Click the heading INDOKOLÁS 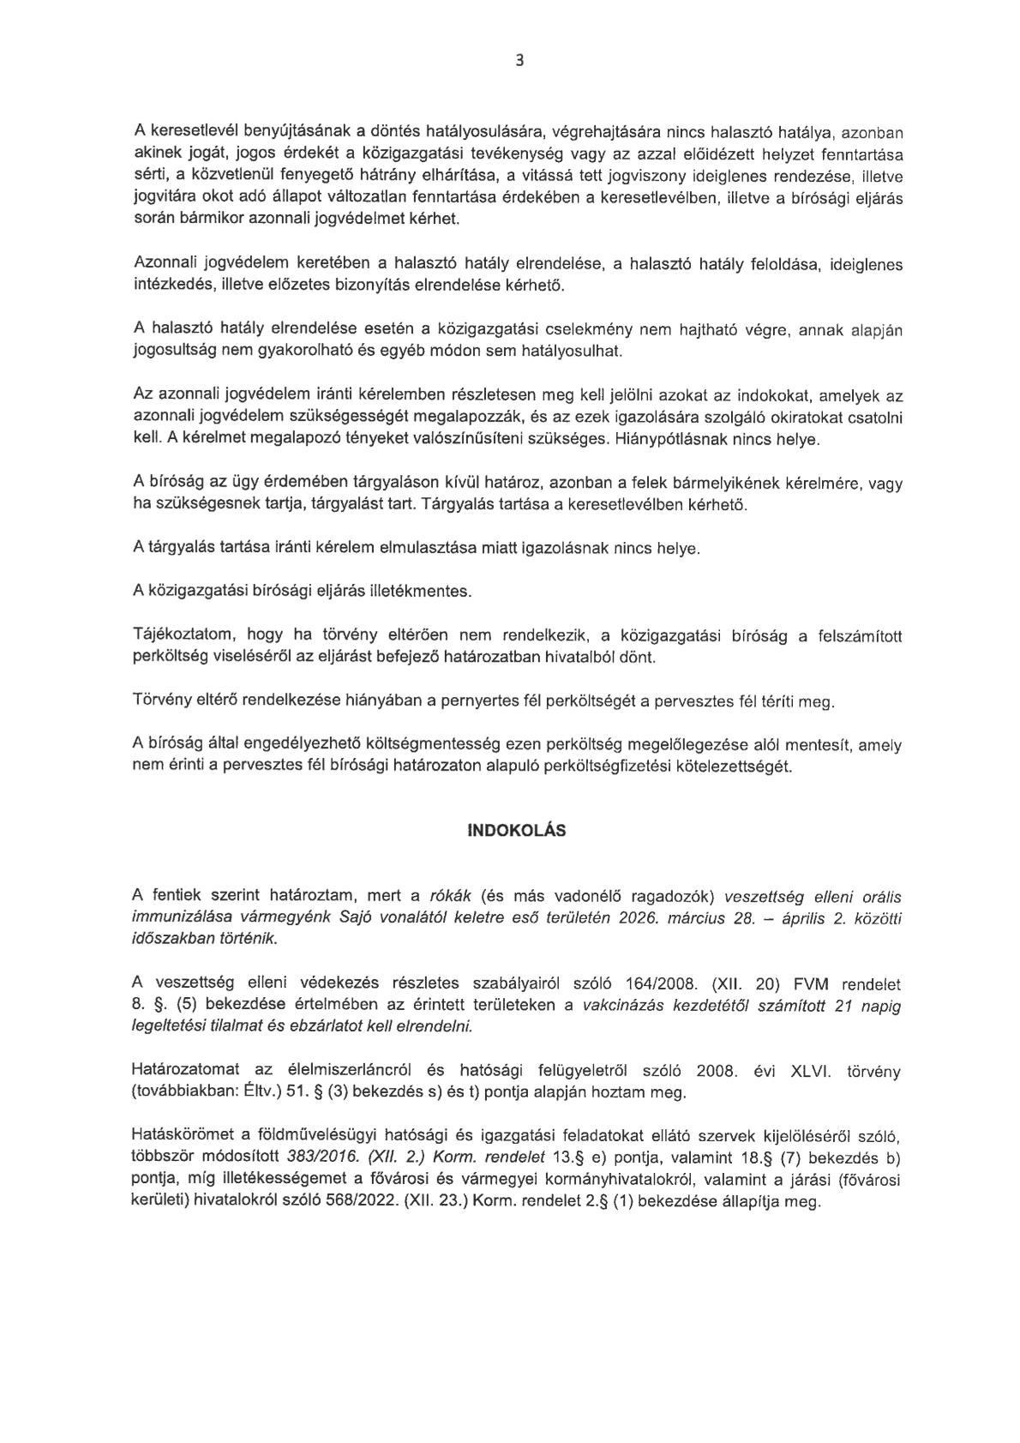click(x=516, y=831)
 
